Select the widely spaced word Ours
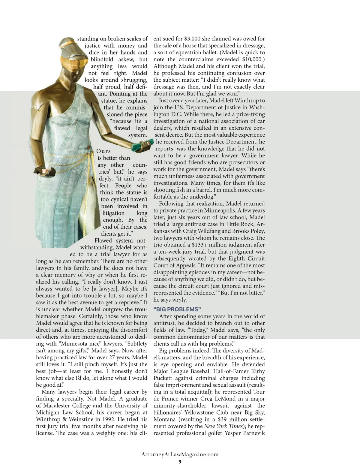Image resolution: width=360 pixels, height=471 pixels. [103, 151]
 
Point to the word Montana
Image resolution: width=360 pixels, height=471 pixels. [165, 419]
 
